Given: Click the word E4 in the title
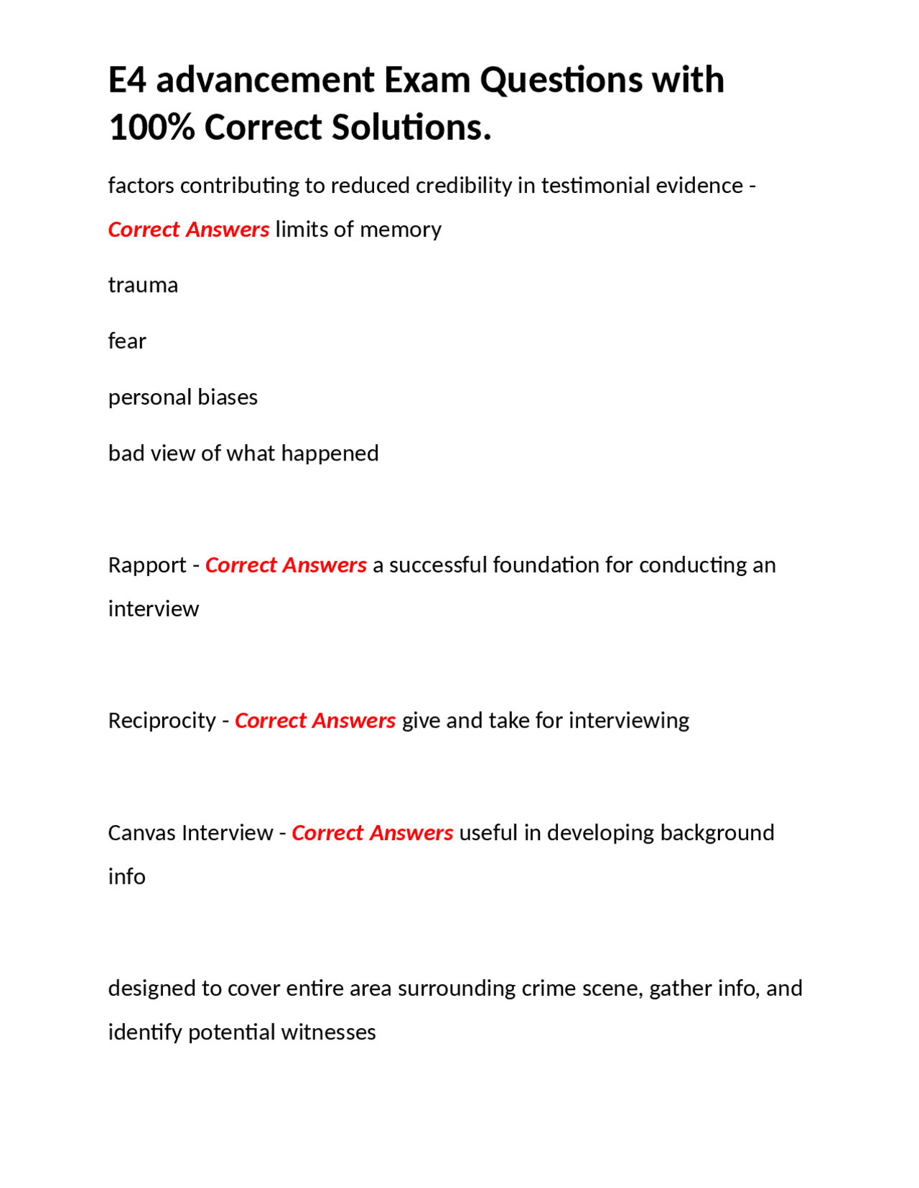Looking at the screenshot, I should (127, 80).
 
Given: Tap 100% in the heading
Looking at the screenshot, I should (151, 128).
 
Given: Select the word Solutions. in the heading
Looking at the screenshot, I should (411, 128).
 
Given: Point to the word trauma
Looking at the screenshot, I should (143, 286).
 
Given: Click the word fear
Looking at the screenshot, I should (127, 341).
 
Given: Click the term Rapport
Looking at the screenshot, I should (147, 566).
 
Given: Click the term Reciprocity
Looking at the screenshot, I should (162, 720).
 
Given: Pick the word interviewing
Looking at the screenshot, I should (628, 720).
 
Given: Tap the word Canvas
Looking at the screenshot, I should (141, 833).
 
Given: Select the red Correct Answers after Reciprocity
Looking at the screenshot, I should (315, 720).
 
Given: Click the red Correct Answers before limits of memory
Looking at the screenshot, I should (189, 230).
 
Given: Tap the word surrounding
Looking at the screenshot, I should (457, 989).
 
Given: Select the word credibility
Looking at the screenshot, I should (463, 186).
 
